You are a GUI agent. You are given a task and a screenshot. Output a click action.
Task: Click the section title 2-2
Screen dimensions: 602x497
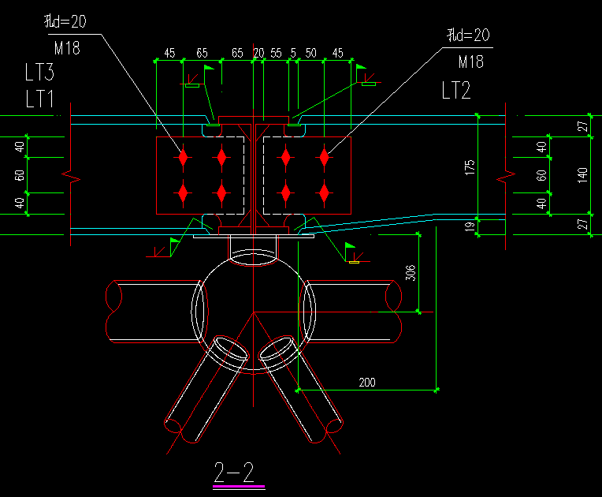[x=234, y=472]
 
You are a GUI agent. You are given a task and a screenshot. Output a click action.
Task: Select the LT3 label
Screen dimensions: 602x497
[x=39, y=72]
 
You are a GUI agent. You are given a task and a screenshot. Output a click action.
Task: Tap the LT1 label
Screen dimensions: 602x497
[x=39, y=99]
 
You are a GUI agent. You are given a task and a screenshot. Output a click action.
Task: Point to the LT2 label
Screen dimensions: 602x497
[x=456, y=91]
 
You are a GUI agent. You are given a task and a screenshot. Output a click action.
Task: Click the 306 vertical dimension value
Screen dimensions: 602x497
[x=411, y=273]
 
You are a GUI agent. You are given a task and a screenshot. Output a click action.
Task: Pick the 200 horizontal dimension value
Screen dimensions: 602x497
[x=367, y=383]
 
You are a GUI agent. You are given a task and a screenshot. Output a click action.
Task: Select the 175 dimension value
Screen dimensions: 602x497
[x=470, y=167]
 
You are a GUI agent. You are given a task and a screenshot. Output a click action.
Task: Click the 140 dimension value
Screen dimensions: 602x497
[x=582, y=175]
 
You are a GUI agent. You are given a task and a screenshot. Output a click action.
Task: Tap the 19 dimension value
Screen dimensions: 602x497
[x=470, y=226]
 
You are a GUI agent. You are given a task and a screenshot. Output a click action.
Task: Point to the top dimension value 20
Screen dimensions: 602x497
[x=258, y=53]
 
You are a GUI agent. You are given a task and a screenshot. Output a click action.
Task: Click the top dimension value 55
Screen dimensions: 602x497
[x=276, y=53]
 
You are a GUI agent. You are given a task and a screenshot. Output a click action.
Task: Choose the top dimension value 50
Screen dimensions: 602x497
[x=311, y=53]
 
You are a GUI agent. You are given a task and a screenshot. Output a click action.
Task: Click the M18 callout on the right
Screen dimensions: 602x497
[x=471, y=62]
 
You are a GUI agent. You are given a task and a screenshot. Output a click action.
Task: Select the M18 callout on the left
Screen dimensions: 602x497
[x=67, y=48]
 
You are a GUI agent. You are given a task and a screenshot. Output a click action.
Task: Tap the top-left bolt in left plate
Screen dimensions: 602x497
[x=183, y=157]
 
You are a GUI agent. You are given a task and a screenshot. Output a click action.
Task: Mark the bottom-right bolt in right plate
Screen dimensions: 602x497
[x=325, y=192]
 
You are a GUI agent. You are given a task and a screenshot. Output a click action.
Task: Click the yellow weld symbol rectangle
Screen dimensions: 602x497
[x=354, y=262]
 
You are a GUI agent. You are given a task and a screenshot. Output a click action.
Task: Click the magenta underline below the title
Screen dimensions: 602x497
[x=239, y=486]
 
